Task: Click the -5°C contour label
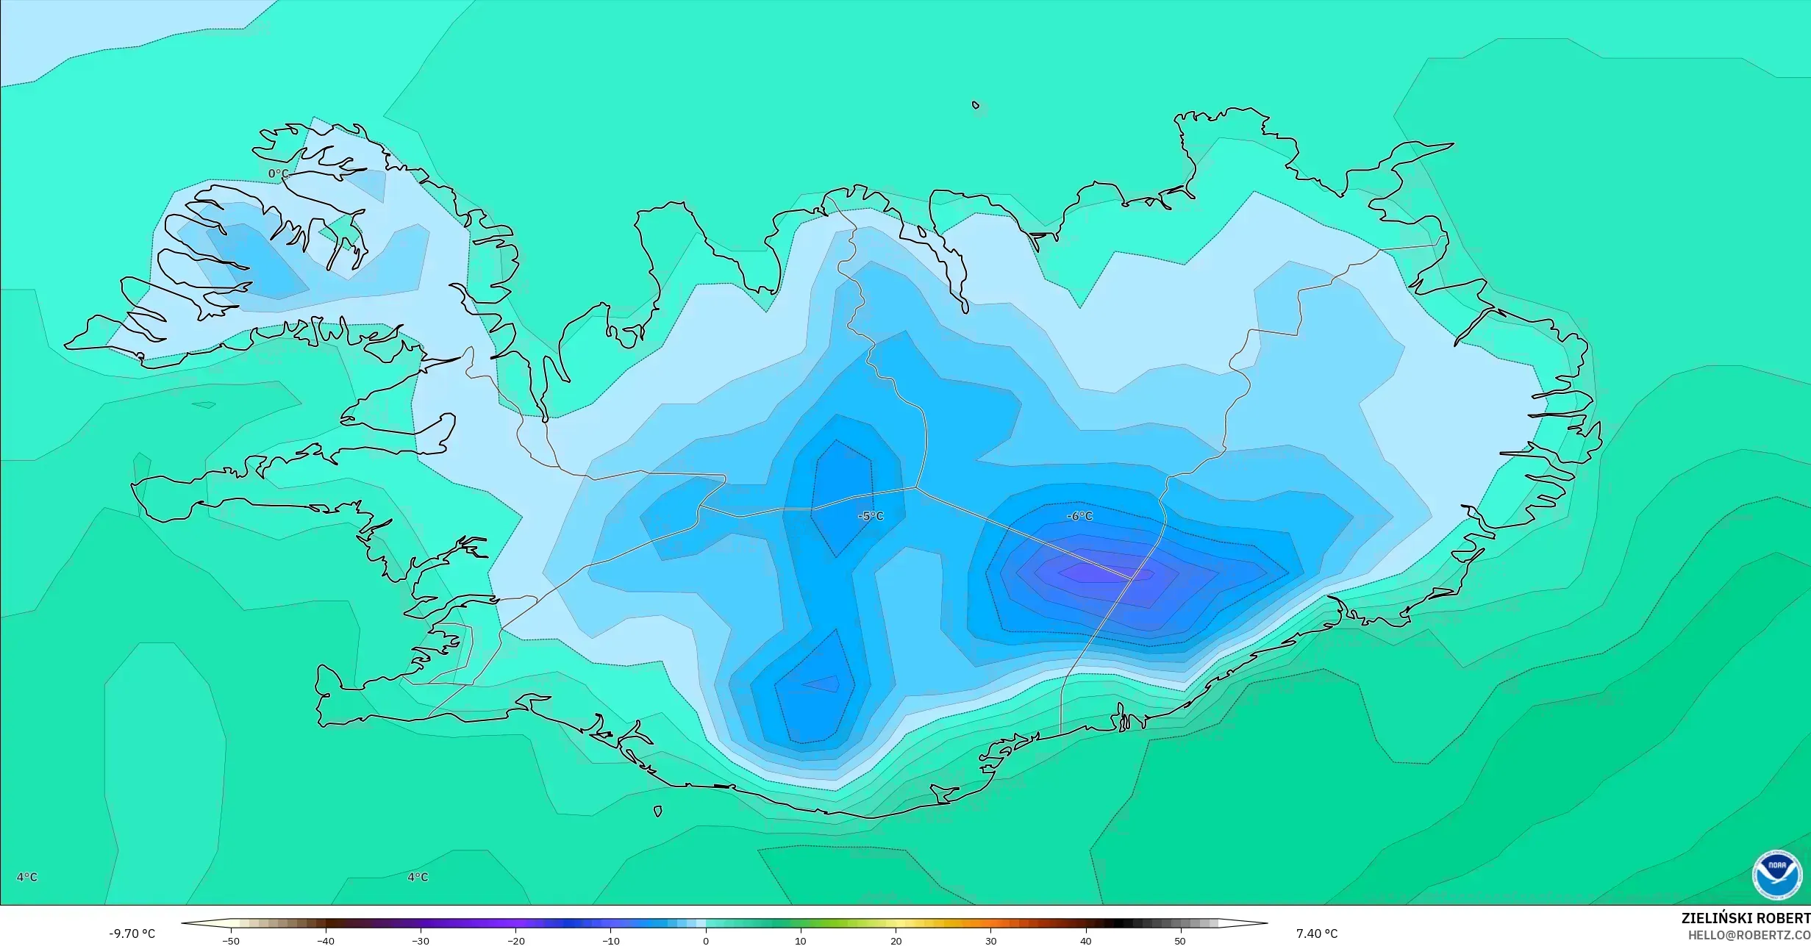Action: (x=871, y=516)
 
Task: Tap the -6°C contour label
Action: (x=1079, y=516)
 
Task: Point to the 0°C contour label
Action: (x=279, y=173)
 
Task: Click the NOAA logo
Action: (x=1776, y=874)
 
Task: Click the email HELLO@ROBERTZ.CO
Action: (x=1749, y=935)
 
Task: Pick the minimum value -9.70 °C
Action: (x=132, y=934)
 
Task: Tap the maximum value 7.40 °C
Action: (x=1317, y=934)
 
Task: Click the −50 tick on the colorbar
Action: (x=231, y=941)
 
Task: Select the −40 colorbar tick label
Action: (x=326, y=941)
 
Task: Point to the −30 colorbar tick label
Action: (x=421, y=941)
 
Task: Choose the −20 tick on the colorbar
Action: (x=515, y=941)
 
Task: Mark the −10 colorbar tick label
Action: (x=610, y=941)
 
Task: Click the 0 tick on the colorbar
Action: (x=706, y=941)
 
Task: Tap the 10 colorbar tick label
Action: (x=801, y=941)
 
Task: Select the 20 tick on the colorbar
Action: (x=896, y=941)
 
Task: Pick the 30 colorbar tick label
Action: (x=990, y=941)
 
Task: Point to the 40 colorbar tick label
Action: (x=1085, y=941)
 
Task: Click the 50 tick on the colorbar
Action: (x=1180, y=941)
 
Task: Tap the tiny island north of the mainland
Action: (x=976, y=105)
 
